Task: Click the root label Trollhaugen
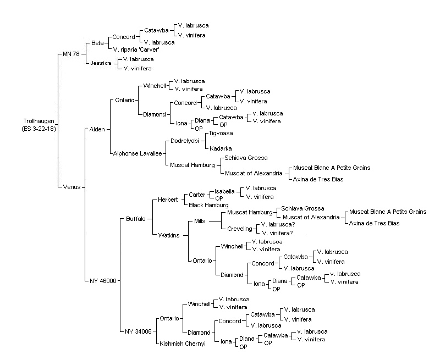click(38, 121)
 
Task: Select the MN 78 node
click(71, 54)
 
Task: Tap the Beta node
click(97, 43)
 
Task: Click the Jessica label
click(101, 63)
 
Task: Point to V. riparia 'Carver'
click(136, 49)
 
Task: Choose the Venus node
click(71, 187)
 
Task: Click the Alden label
click(97, 129)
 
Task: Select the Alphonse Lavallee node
click(137, 153)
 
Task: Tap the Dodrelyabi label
click(185, 141)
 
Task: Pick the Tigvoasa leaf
click(221, 133)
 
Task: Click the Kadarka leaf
click(221, 148)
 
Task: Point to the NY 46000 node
click(103, 281)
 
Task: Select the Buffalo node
click(136, 219)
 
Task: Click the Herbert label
click(168, 200)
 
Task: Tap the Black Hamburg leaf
click(208, 205)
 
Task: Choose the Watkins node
click(169, 235)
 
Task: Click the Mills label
click(200, 221)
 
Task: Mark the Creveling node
click(240, 229)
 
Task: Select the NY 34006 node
click(138, 331)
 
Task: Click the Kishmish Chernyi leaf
click(183, 344)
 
